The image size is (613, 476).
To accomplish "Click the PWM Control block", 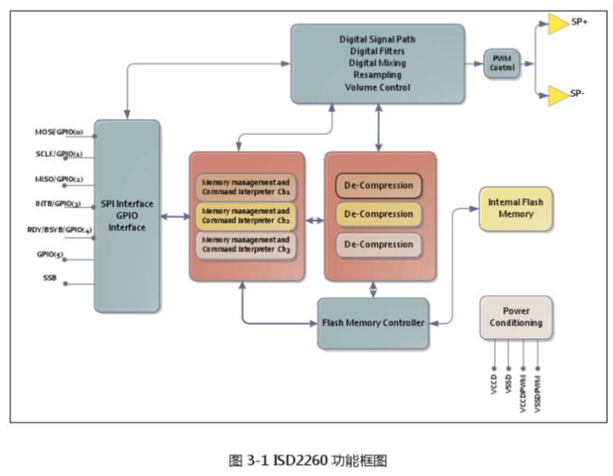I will coord(501,64).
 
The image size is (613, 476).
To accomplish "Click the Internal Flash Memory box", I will coord(515,208).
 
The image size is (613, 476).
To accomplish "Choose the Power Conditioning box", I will coord(515,317).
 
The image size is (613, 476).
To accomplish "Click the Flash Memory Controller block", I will coord(372,323).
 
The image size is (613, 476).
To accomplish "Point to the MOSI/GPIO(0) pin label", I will coord(59,133).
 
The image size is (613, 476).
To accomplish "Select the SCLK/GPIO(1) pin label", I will coord(59,156).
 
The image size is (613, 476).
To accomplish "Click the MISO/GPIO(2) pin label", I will coord(59,180).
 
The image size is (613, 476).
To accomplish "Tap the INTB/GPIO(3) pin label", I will coord(59,204).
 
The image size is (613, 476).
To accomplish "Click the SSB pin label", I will coord(50,278).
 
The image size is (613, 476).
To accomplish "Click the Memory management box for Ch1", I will coord(247,186).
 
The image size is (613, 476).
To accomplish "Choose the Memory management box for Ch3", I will coord(247,245).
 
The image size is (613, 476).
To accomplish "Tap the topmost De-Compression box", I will coord(379,185).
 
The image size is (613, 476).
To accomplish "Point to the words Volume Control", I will coord(377,86).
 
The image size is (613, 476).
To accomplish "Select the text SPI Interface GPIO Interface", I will coord(127,216).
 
